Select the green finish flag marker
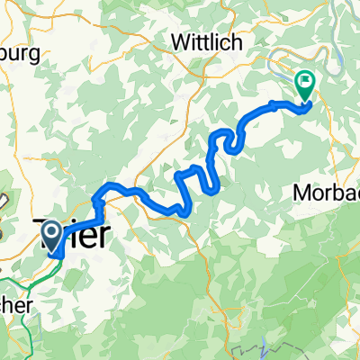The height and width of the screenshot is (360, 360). tap(306, 85)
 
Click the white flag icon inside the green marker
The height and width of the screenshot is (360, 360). tap(306, 82)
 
